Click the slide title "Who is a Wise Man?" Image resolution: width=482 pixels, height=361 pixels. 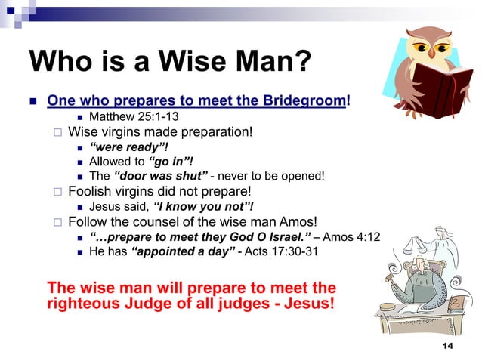[x=170, y=64]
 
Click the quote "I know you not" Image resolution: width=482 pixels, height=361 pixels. [x=202, y=207]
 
